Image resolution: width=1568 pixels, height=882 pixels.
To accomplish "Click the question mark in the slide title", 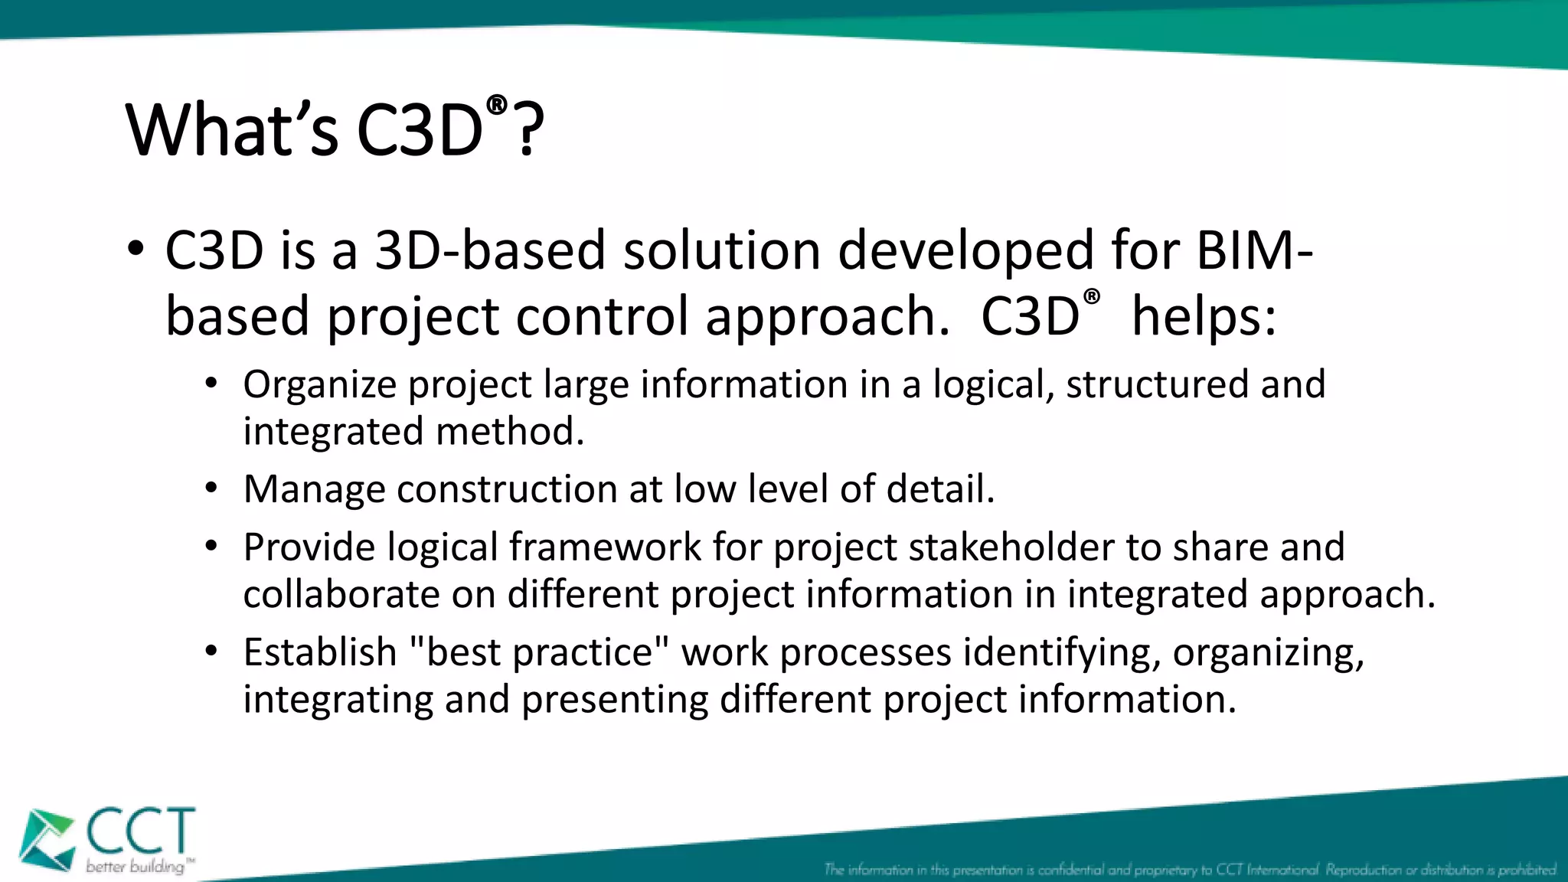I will coord(528,130).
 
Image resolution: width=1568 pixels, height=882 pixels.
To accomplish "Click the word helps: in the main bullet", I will coord(1204,316).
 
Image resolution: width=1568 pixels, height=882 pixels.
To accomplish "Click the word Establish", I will coord(319,652).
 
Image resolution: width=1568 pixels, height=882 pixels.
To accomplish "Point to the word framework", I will coord(605,547).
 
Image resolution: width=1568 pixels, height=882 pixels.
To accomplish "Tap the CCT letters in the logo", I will coord(141,831).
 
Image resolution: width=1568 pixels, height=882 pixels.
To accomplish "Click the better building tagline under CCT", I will coord(135,867).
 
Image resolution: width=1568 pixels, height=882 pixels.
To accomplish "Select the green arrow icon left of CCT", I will coord(46,840).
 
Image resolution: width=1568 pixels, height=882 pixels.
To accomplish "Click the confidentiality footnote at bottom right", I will coord(1190,870).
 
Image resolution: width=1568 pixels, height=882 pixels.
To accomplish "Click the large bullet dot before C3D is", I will coord(136,249).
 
